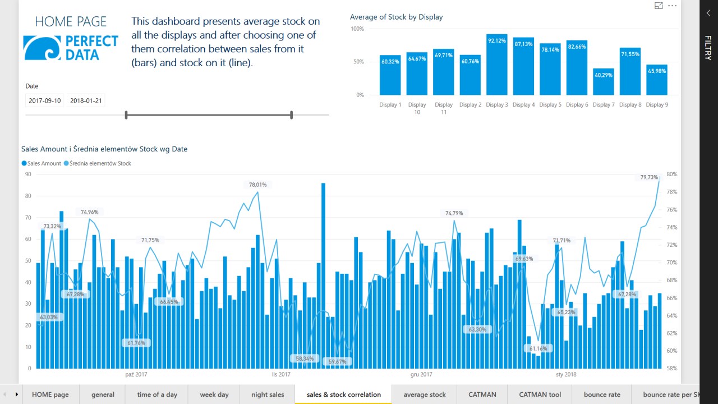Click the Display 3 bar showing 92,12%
497,65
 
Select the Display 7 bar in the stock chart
604,82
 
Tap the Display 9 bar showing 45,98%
657,80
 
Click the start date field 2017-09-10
45,101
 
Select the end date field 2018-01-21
86,101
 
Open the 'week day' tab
214,394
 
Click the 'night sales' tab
268,394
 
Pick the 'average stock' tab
425,394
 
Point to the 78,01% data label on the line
258,184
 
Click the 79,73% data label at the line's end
649,177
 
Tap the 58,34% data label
305,358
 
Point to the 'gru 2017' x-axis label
421,374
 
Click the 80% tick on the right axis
672,175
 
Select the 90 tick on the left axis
27,175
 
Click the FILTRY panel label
708,48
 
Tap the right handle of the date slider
292,115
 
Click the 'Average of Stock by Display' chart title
396,17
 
